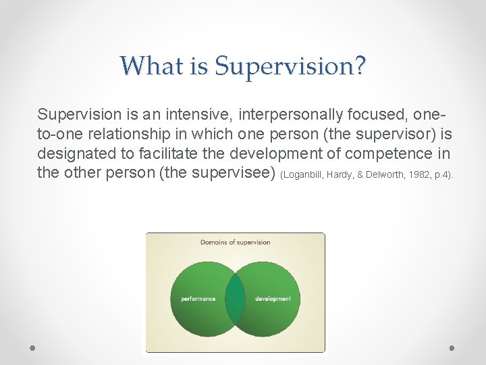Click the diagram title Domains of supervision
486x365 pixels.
pos(235,242)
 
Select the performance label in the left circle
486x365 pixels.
pos(198,298)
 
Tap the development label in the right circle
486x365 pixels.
pos(273,298)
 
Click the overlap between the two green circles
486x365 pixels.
pos(235,298)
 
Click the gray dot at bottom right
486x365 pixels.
pos(452,347)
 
